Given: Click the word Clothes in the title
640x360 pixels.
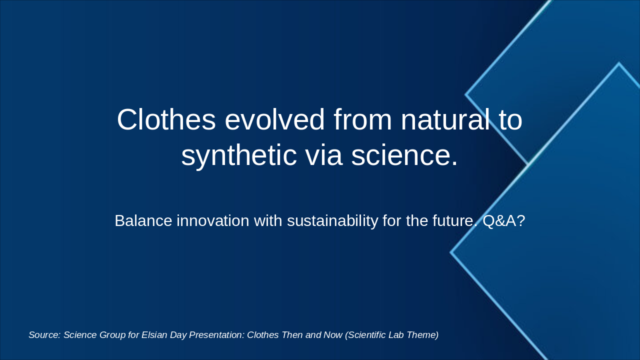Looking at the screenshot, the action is click(166, 119).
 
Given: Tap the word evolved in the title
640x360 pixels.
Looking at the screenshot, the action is click(274, 119).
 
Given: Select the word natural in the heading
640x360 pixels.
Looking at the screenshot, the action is click(445, 119).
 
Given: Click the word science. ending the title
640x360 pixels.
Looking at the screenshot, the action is click(404, 155).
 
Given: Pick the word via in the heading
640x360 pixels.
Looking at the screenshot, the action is click(324, 155).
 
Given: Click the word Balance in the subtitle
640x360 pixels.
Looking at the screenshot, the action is click(143, 220).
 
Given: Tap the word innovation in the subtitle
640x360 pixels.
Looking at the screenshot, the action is click(213, 220).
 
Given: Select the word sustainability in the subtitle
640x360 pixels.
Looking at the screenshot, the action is click(332, 221).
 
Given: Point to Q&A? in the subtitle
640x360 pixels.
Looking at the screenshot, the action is click(503, 220).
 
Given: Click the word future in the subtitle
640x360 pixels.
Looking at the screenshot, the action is click(454, 220).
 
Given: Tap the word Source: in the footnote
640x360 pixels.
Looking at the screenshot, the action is click(45, 335).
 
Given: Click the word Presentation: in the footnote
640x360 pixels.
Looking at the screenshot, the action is click(217, 335).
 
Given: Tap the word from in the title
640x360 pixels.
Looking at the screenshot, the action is click(362, 119).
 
